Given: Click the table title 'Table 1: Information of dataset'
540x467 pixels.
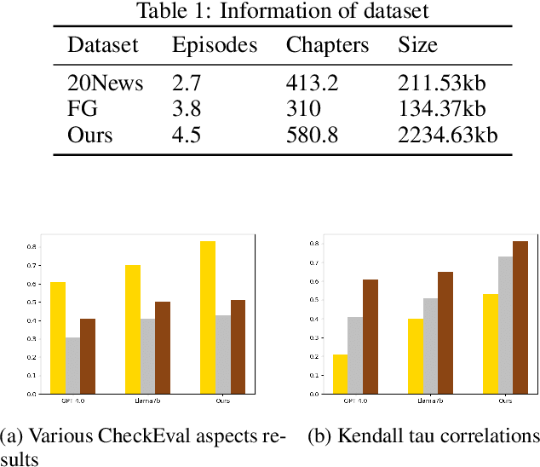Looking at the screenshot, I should (x=283, y=11).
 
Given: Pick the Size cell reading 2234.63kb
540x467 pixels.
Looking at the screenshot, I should (x=447, y=135).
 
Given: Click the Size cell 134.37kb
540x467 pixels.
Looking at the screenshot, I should (x=441, y=110).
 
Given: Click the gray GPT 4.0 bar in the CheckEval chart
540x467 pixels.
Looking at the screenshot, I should (x=73, y=366).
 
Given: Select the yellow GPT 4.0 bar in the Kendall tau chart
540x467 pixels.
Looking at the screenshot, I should (x=341, y=374).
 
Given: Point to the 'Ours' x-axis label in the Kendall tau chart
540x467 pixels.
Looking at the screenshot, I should (x=505, y=401).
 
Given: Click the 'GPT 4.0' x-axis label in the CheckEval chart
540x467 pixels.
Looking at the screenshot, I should (x=73, y=401).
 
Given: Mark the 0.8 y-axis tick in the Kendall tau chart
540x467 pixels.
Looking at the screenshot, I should (x=315, y=244).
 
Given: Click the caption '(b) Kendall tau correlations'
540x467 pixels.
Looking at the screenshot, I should (x=422, y=437).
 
